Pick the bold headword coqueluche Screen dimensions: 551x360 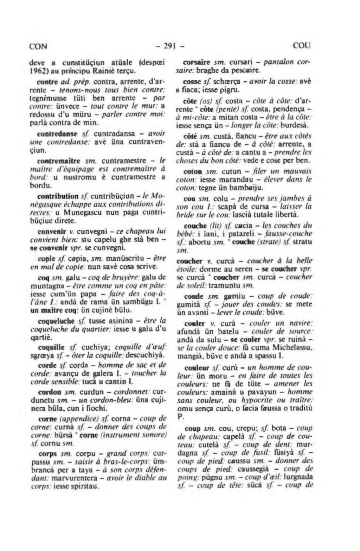[53, 321]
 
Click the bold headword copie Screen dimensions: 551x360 [45, 258]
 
